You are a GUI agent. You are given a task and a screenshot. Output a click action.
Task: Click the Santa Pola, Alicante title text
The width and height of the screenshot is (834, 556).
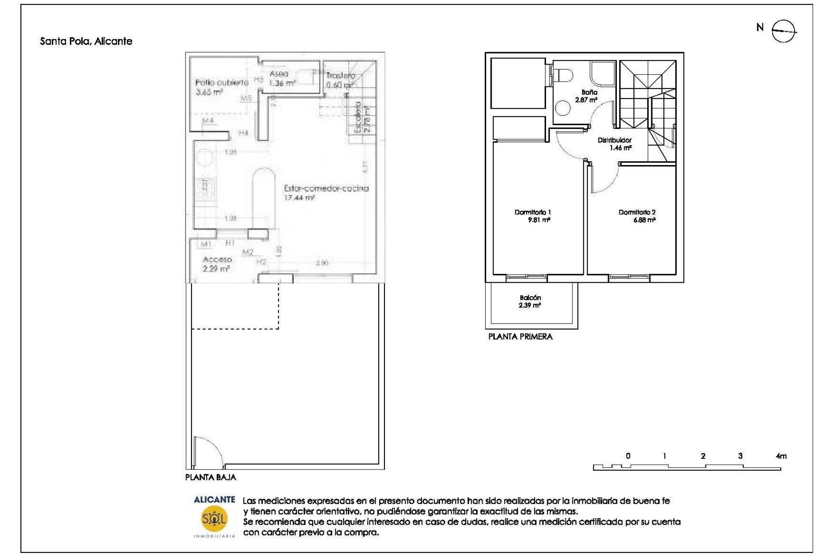point(86,41)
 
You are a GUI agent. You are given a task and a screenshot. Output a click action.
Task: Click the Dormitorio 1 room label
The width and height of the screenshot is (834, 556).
point(533,212)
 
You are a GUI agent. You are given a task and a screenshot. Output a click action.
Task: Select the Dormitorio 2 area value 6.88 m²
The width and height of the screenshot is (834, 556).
point(644,220)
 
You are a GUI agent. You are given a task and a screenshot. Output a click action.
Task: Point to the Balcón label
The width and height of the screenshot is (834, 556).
point(530,298)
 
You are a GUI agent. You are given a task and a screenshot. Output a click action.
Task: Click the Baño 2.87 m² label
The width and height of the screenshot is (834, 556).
point(587,96)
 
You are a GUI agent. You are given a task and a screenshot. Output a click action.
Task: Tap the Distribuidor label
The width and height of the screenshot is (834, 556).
point(614,140)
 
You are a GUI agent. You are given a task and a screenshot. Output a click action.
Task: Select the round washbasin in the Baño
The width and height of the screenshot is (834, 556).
point(563,108)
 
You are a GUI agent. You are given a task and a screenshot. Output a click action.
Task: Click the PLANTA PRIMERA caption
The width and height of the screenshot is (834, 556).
point(520,337)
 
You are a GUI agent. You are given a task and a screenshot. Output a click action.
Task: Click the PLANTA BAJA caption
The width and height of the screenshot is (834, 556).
point(211,477)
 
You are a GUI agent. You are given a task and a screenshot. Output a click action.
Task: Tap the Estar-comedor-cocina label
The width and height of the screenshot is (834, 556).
point(326,189)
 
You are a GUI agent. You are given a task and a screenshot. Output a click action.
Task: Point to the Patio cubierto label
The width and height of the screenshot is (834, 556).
point(222,83)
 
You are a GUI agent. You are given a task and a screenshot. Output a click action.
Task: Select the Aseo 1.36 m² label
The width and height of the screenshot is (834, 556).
point(281,79)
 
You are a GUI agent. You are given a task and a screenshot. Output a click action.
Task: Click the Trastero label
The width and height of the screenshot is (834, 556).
point(340,76)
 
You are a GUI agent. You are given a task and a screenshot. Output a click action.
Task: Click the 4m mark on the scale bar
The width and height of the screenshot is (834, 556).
point(781,456)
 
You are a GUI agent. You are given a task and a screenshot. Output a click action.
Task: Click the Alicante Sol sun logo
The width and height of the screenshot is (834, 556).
point(214,518)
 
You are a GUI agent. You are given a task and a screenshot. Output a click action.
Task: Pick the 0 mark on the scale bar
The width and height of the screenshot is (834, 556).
point(628,456)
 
